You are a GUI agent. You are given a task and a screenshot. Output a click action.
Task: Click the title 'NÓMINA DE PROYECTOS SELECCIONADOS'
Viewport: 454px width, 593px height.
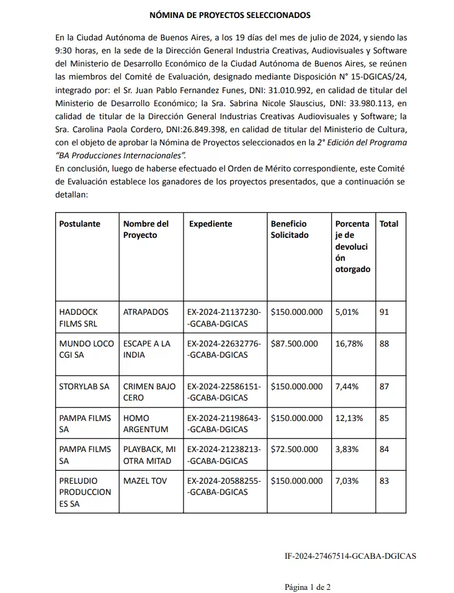tap(230, 14)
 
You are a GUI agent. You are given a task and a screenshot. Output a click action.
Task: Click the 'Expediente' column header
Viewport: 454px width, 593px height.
tap(210, 224)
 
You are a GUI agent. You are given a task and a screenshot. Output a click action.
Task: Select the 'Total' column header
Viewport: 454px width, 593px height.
tap(389, 224)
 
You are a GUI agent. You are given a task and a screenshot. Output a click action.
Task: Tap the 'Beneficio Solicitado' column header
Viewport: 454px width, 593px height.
tap(290, 229)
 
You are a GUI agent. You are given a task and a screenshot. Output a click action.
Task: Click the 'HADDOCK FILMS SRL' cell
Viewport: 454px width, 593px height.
tap(79, 317)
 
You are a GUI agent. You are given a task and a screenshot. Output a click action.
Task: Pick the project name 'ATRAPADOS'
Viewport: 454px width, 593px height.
tap(146, 312)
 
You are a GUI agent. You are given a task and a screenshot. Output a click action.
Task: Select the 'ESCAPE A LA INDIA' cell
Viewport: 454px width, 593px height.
tap(146, 349)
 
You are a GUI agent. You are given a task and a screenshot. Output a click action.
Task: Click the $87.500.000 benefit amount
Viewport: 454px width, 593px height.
tap(294, 343)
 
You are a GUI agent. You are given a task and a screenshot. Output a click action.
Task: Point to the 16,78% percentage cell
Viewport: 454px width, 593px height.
tap(349, 343)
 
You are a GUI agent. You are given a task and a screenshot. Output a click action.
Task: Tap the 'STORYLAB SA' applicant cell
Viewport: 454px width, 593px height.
tap(84, 386)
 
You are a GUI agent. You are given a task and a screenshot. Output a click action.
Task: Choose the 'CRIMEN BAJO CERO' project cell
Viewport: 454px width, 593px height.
tap(149, 392)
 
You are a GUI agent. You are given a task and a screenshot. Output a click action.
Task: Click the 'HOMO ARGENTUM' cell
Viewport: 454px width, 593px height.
tap(146, 423)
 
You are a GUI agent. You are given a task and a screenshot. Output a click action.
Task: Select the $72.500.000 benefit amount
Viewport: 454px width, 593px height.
tap(294, 449)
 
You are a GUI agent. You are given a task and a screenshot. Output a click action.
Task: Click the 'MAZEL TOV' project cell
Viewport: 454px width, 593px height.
tap(145, 481)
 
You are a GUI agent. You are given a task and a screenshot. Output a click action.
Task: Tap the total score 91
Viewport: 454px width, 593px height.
tap(384, 312)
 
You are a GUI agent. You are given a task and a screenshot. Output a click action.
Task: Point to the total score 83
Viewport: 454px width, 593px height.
tap(384, 481)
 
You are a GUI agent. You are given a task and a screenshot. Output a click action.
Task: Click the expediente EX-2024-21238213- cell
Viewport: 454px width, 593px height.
tap(224, 455)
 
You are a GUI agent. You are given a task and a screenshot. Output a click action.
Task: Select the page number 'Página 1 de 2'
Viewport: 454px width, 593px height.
tap(308, 586)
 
